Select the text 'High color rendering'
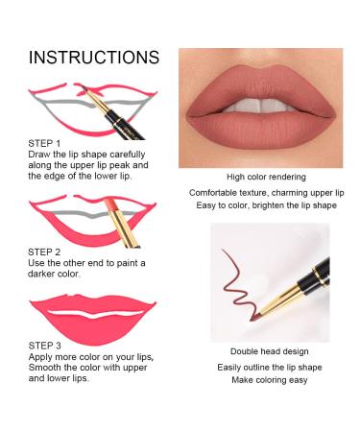point(266,177)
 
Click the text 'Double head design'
point(266,351)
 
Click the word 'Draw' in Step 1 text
point(40,154)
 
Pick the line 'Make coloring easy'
point(266,380)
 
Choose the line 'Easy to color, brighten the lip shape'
point(266,204)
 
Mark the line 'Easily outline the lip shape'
point(266,367)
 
